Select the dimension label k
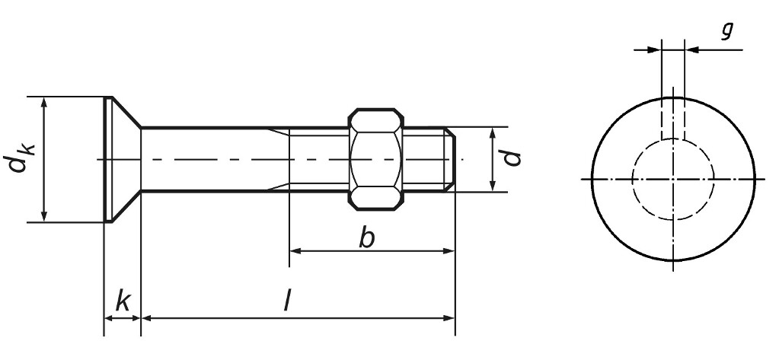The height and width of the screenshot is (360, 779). [122, 301]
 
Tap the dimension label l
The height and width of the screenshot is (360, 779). [287, 302]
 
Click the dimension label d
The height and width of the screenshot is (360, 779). [514, 158]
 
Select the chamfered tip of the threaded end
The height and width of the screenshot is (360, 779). [451, 159]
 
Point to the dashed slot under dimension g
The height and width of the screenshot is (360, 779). [673, 119]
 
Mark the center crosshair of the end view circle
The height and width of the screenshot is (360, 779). [673, 179]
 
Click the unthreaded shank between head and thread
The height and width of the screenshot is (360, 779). [213, 159]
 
